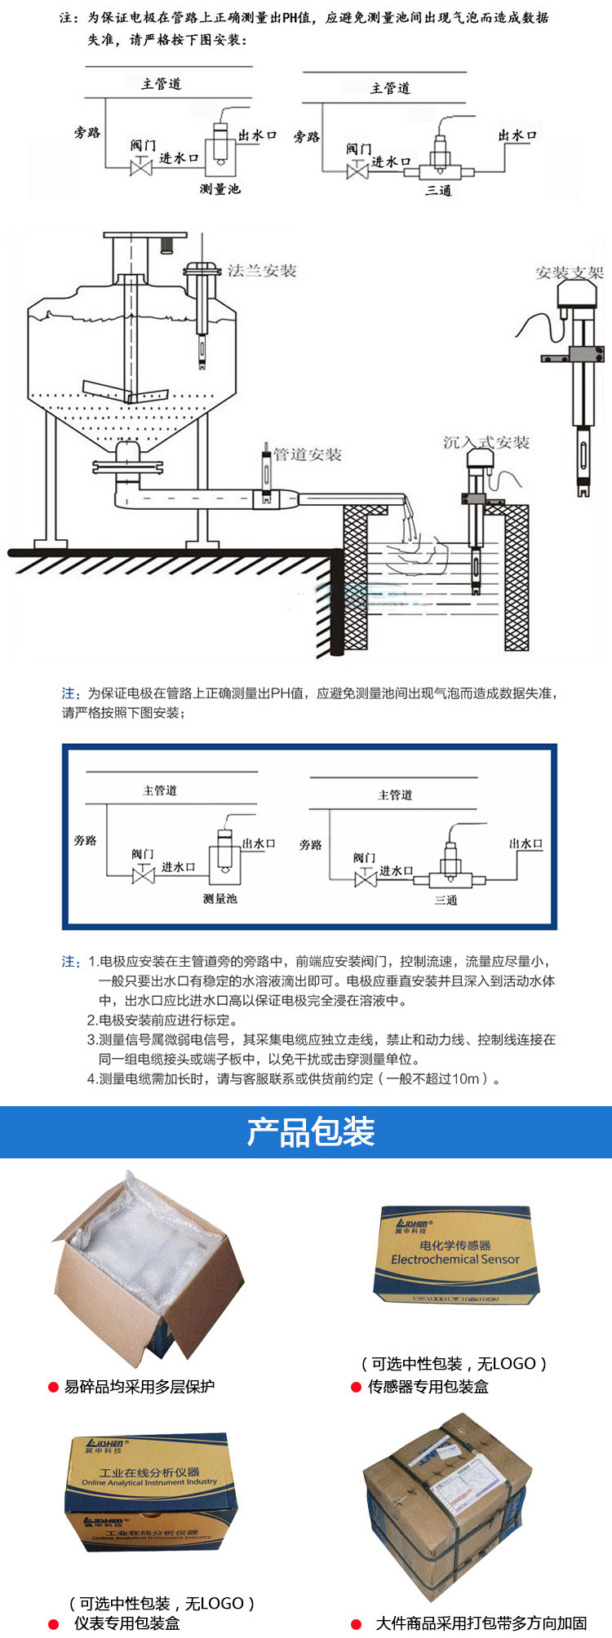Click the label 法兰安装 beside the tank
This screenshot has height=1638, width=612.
tap(262, 271)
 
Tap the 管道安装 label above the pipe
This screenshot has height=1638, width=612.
tap(308, 454)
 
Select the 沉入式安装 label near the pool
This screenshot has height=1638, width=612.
tap(486, 443)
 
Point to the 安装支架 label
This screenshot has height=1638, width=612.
tap(569, 272)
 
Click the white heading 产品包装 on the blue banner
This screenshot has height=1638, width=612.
tap(310, 1131)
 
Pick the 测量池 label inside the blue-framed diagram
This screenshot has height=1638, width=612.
tap(220, 899)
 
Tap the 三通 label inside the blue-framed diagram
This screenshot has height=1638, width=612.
tap(446, 901)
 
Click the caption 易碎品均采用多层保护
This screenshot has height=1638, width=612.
tap(140, 1387)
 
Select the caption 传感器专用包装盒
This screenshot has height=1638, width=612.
tap(428, 1387)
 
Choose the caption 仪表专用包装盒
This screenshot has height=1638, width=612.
tap(127, 1623)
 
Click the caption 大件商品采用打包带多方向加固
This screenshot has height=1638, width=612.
tap(481, 1623)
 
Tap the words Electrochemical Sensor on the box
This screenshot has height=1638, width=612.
tap(455, 1259)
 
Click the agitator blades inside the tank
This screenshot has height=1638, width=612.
tap(126, 392)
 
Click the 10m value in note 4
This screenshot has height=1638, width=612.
tap(467, 1079)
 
